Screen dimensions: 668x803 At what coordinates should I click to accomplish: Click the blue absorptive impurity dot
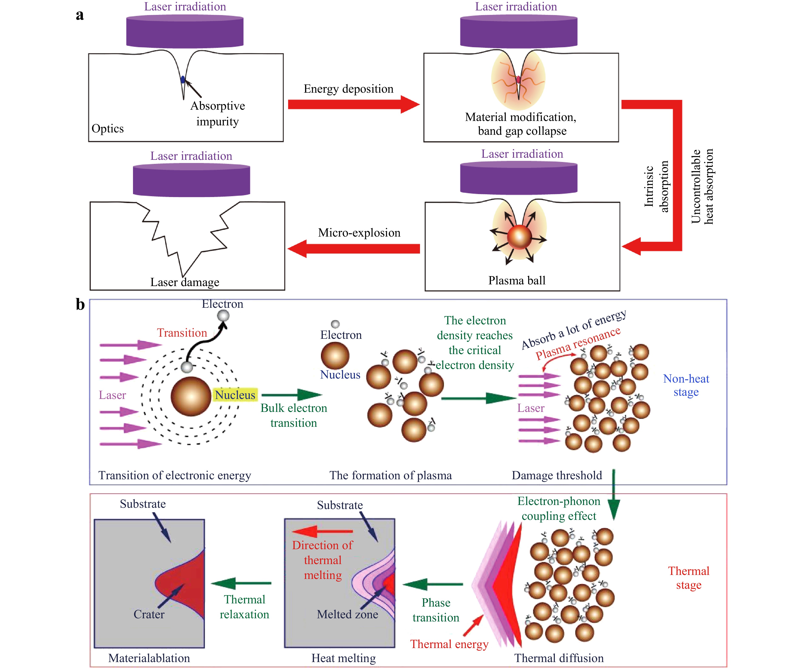(183, 79)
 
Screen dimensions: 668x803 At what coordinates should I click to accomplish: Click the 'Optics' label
(107, 129)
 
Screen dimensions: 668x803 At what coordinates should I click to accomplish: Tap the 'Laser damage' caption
(185, 282)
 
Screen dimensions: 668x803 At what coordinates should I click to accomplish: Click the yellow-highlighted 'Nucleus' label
(235, 395)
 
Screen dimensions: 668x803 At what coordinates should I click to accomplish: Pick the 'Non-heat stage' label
(686, 385)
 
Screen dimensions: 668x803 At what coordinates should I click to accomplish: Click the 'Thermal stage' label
(688, 578)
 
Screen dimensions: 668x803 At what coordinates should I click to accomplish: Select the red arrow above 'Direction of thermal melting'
(322, 531)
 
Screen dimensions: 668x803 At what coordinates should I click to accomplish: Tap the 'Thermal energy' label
(449, 644)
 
